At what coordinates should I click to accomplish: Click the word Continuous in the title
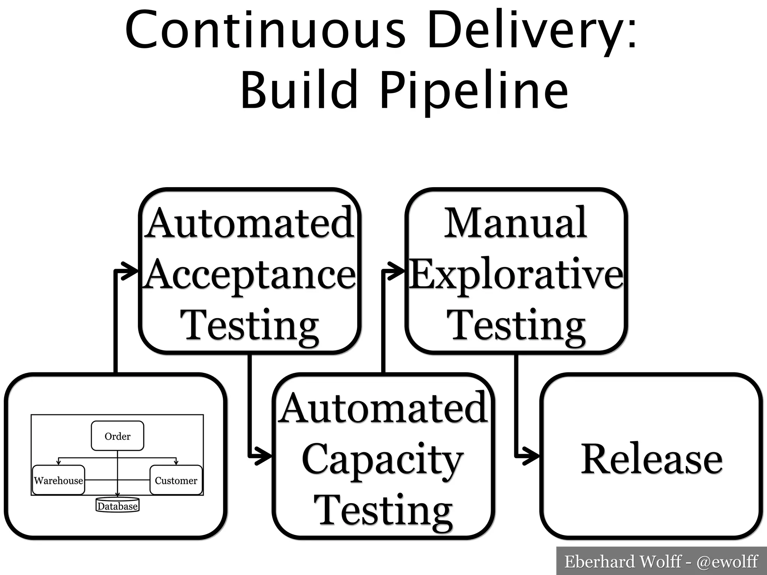[x=265, y=30]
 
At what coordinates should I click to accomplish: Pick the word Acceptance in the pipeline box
[x=250, y=275]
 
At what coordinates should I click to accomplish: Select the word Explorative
[x=516, y=275]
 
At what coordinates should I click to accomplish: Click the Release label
[x=652, y=459]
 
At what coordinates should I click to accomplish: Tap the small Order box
[x=118, y=436]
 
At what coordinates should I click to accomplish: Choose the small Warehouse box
[x=58, y=480]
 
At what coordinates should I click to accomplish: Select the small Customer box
[x=176, y=480]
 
